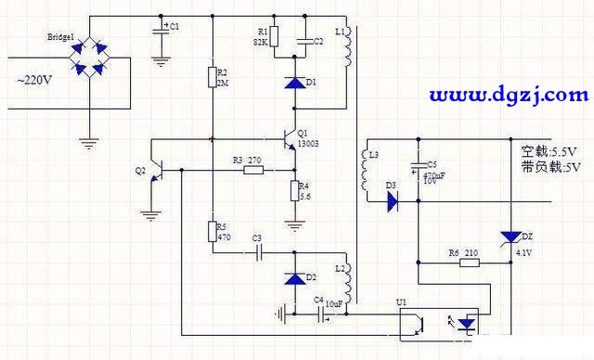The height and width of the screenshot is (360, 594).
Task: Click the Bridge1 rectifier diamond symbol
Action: (89, 57)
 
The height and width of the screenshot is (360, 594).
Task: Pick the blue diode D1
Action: (294, 84)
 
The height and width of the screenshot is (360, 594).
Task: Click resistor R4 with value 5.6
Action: (294, 191)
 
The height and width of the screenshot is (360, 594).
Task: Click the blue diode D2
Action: (294, 277)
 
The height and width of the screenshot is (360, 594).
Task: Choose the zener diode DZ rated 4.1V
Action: (509, 239)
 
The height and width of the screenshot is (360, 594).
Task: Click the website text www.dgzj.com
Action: (509, 95)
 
